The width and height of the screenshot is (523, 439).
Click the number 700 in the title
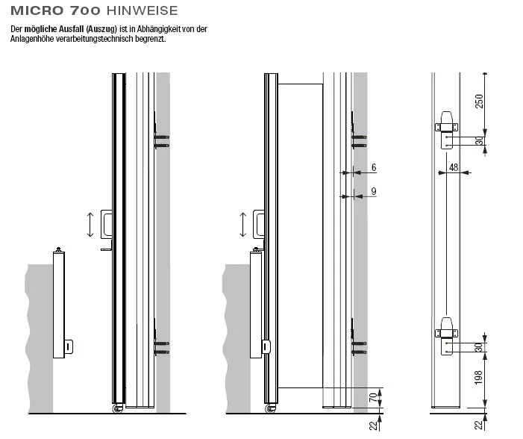[86, 10]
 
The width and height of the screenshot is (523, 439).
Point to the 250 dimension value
[479, 101]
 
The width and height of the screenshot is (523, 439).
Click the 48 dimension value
[453, 168]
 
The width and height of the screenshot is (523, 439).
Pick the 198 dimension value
[479, 379]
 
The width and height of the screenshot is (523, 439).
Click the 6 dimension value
[373, 166]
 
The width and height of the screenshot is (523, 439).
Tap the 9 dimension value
[373, 191]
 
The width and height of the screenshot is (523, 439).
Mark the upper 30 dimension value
[479, 140]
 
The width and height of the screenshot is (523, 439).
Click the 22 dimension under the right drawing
[479, 425]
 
